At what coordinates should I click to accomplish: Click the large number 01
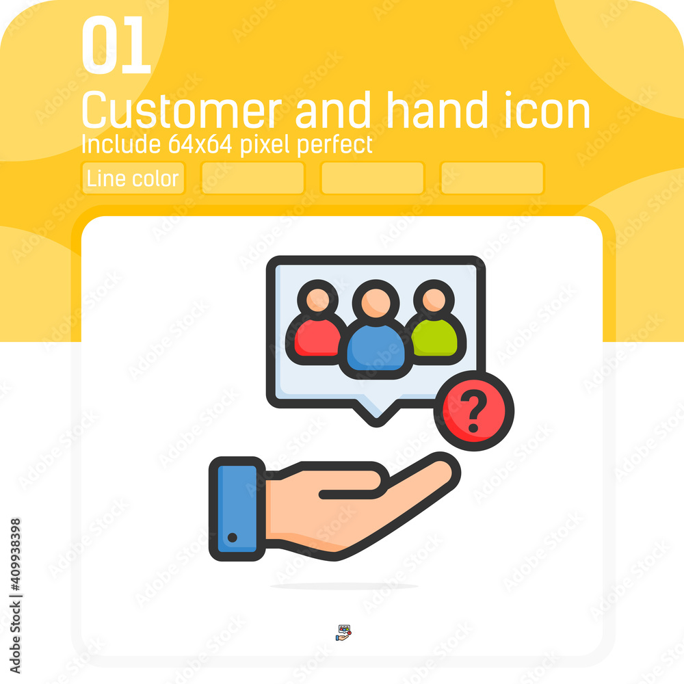click(116, 44)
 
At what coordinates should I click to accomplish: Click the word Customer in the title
click(182, 110)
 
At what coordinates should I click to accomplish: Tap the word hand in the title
click(437, 109)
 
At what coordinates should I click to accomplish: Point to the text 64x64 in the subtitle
click(200, 144)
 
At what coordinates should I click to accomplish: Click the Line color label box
click(133, 178)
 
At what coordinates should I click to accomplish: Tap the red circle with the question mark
click(474, 410)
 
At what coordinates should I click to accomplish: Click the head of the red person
click(317, 300)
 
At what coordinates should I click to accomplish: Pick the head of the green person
click(434, 300)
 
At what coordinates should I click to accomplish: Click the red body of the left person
click(317, 337)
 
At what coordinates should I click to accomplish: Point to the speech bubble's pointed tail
click(376, 412)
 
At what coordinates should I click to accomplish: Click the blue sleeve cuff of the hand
click(237, 509)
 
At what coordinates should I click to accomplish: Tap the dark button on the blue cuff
click(233, 538)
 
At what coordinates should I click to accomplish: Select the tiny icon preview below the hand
click(344, 633)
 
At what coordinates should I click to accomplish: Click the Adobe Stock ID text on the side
click(15, 596)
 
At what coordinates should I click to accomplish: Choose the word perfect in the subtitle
click(335, 145)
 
